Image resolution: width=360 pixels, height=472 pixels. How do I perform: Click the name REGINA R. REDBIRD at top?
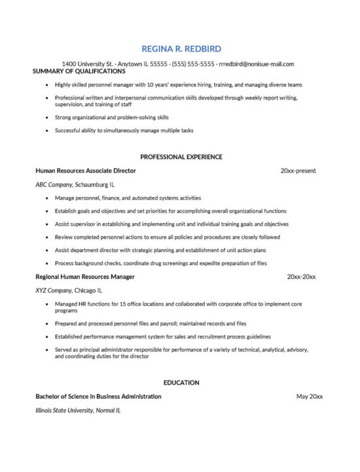(181, 48)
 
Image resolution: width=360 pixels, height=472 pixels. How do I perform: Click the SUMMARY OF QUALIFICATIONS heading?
(79, 71)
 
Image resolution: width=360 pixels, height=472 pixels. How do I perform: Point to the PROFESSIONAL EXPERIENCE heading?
(181, 157)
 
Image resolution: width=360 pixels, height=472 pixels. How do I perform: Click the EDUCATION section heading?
(181, 382)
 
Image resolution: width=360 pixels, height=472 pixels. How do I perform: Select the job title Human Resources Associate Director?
(86, 171)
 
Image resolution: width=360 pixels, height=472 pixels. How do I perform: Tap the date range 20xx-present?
(298, 171)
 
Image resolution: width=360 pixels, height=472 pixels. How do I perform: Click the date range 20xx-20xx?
(301, 277)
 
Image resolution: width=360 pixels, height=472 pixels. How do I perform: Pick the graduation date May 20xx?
(310, 397)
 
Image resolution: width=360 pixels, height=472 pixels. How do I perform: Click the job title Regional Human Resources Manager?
(85, 277)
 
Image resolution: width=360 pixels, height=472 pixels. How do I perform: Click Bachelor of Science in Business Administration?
(98, 397)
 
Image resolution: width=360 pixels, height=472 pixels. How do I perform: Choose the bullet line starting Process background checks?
(160, 263)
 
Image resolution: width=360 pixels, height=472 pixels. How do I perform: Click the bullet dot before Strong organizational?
(46, 118)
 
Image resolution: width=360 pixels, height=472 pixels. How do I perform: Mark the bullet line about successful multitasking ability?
(124, 130)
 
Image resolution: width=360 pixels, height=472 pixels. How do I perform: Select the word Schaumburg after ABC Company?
(91, 185)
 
